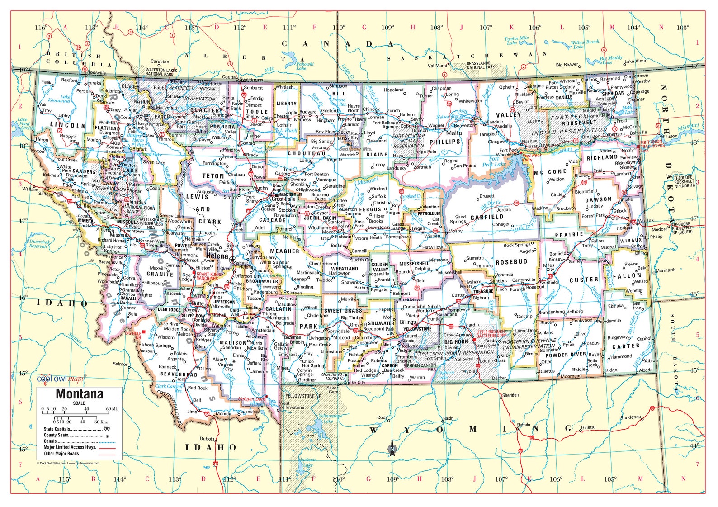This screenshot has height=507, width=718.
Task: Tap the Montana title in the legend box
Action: tap(79, 394)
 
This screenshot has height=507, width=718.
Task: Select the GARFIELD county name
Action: tap(487, 217)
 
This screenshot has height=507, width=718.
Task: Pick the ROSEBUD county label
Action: tap(511, 262)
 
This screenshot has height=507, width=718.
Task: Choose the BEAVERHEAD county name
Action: tap(179, 374)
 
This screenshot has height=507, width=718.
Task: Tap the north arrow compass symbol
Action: tap(392, 449)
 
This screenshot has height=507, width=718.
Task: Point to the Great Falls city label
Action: tap(283, 199)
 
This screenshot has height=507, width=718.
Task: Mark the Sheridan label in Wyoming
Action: tap(510, 395)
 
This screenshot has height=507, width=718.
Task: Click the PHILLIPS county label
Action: tap(445, 142)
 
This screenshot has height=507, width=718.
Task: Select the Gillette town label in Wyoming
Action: tap(588, 427)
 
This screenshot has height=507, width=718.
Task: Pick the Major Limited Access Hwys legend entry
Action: tap(70, 447)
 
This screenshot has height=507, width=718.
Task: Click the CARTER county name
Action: tap(626, 346)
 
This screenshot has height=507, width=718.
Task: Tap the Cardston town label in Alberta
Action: tap(160, 62)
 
